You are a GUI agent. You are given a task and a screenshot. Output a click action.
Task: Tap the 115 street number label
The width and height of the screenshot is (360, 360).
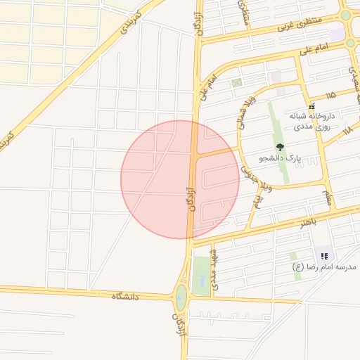[x=330, y=94]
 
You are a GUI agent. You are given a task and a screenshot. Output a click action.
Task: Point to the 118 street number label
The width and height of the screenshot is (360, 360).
[x=347, y=130]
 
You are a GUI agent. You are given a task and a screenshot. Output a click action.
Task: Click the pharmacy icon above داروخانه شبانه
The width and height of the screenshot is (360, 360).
[x=312, y=107]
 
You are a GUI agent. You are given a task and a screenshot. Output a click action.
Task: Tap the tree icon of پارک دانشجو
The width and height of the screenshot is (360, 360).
[x=281, y=148]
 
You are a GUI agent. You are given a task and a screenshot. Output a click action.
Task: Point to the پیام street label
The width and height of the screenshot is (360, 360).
[x=257, y=202]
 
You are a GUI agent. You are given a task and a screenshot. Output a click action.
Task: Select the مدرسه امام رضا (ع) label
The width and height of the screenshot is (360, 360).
[x=325, y=267]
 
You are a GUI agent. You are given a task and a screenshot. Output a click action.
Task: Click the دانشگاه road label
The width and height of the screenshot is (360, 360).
[x=125, y=297]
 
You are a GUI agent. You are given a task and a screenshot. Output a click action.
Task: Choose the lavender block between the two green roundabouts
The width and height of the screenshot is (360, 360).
[x=337, y=33]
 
